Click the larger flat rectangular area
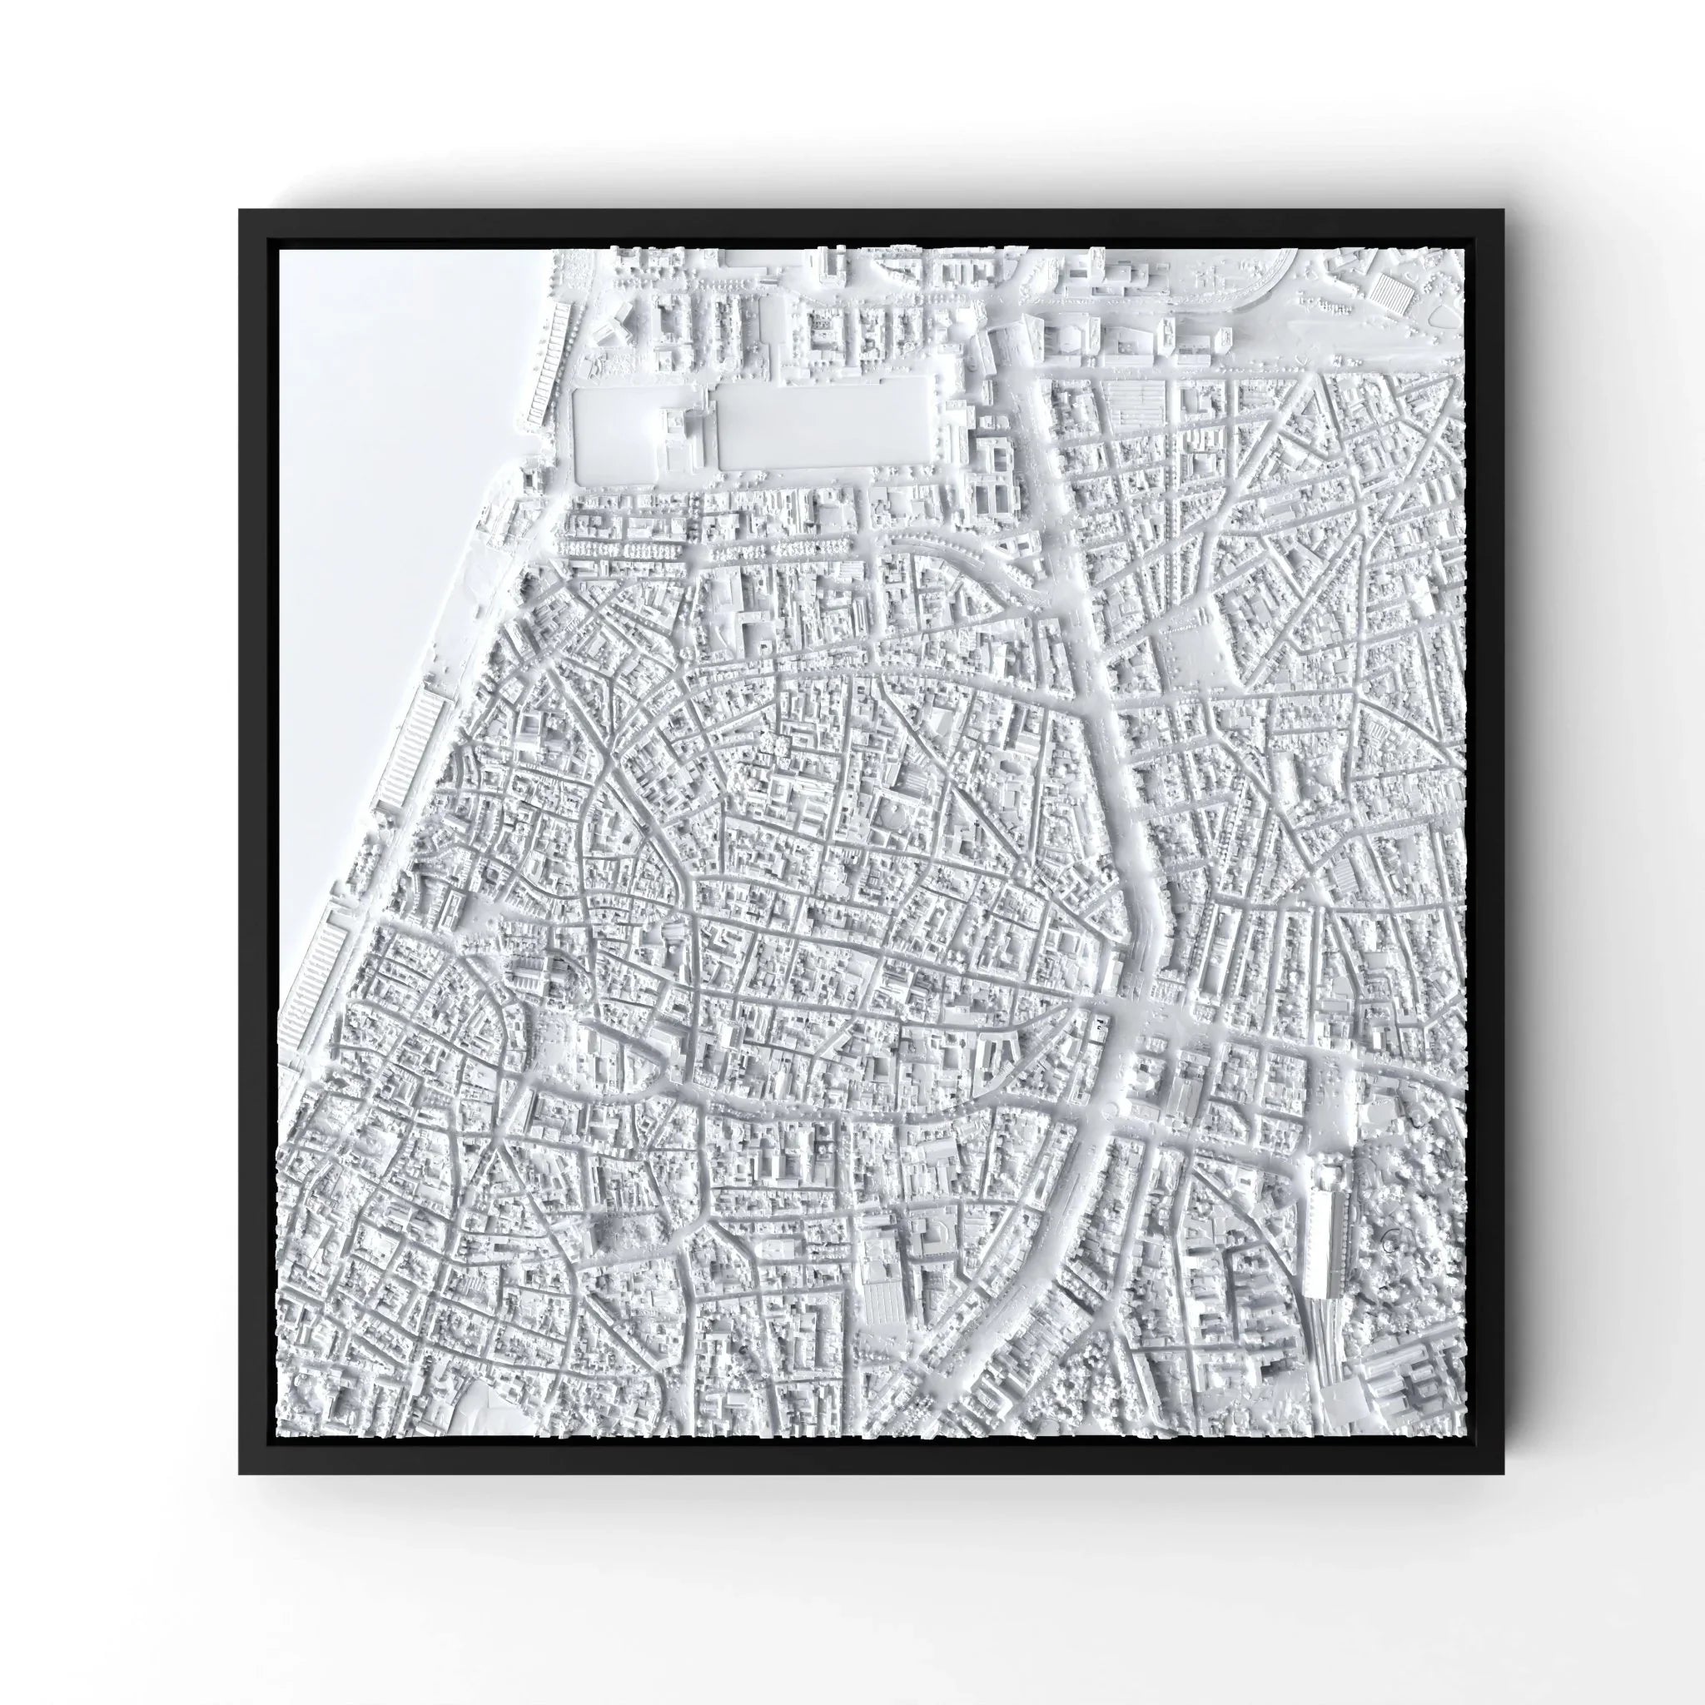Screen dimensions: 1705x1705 825,422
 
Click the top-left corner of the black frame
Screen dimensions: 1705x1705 241,211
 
